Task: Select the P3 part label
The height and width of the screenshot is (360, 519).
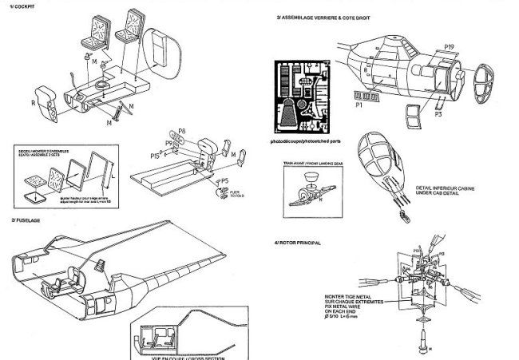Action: (x=438, y=115)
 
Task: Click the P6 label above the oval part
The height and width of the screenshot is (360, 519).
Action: (x=181, y=130)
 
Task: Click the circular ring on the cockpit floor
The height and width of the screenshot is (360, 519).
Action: (x=102, y=85)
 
